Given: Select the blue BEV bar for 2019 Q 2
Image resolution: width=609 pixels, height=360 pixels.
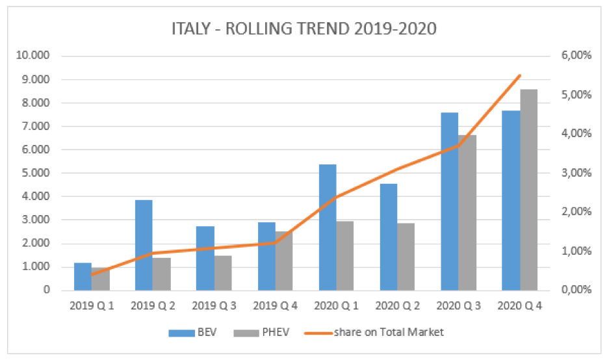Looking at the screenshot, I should pyautogui.click(x=144, y=245).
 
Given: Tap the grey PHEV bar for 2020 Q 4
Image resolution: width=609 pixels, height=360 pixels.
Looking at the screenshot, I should pyautogui.click(x=529, y=190).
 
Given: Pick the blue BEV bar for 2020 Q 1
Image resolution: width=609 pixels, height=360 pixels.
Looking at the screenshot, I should pyautogui.click(x=328, y=227).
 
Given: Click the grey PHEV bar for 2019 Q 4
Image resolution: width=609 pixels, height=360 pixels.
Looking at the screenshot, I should pyautogui.click(x=284, y=261).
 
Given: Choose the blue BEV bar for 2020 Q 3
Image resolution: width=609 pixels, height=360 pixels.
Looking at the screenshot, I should pyautogui.click(x=450, y=201).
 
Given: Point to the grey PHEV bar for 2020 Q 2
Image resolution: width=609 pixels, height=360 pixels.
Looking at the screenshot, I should pyautogui.click(x=406, y=257).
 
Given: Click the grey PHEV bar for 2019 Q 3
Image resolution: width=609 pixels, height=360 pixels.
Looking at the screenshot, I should pyautogui.click(x=223, y=273).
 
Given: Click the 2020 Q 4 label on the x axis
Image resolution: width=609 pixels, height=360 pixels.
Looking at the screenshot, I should pyautogui.click(x=520, y=305).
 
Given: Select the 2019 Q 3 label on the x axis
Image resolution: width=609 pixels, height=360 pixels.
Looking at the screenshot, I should pyautogui.click(x=214, y=305).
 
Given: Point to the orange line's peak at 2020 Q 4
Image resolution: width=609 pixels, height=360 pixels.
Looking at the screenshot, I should pyautogui.click(x=520, y=75).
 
